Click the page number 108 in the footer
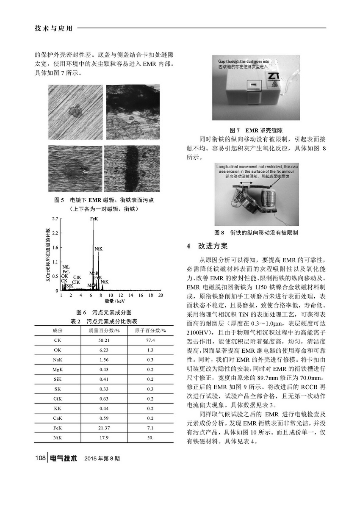click(x=40, y=458)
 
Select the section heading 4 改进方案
click(x=207, y=246)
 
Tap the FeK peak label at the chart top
click(x=94, y=219)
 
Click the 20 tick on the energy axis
click(x=161, y=295)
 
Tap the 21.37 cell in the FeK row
click(x=104, y=428)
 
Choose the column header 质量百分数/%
click(x=104, y=330)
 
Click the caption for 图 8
click(x=256, y=232)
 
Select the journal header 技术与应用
click(x=53, y=28)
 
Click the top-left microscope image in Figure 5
click(x=76, y=112)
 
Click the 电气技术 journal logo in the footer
click(x=64, y=458)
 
